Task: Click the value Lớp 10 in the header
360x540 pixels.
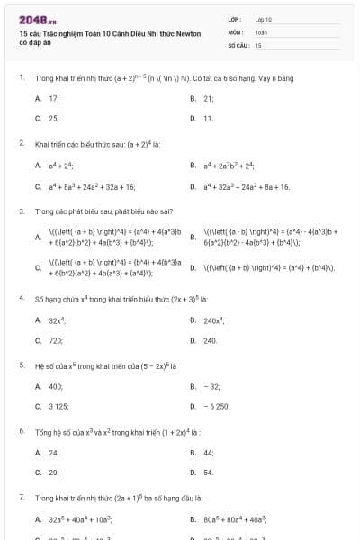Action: pos(263,19)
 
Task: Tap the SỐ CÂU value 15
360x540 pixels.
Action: pos(258,44)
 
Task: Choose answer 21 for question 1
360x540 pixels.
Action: pos(209,98)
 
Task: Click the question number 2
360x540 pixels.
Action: pos(21,143)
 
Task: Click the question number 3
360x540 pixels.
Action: pos(21,211)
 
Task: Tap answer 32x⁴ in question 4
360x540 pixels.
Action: pos(56,320)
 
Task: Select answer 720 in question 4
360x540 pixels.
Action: pos(55,341)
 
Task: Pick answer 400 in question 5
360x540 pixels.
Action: pos(56,386)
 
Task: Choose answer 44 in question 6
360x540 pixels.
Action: pos(209,452)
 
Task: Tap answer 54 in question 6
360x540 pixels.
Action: pos(209,472)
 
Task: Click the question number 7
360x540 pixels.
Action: pos(21,497)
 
